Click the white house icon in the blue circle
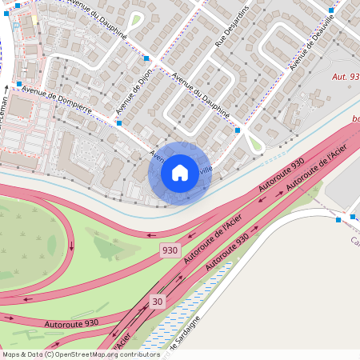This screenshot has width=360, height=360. tap(180, 173)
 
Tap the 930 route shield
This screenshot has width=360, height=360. tap(169, 250)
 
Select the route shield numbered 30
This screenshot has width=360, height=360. tap(158, 301)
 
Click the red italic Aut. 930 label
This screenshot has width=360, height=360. tap(345, 76)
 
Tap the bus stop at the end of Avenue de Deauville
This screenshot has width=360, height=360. tap(330, 11)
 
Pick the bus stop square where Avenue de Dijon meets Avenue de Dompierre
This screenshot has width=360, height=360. tap(118, 123)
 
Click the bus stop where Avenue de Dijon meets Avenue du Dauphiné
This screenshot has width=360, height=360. tap(146, 58)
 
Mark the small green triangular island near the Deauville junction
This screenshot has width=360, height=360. tap(255, 144)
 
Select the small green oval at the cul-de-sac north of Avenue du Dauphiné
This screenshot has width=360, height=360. tap(135, 20)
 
